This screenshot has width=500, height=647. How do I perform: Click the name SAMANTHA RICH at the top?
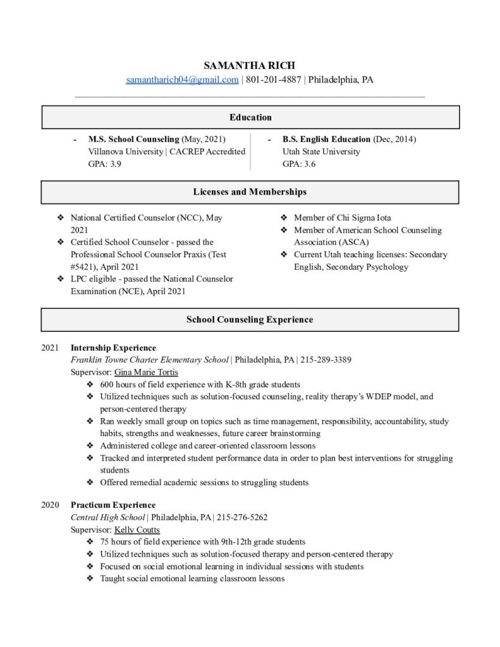click(x=250, y=66)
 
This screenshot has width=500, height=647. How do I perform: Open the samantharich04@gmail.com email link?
click(x=182, y=80)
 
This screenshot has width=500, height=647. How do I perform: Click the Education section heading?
click(x=250, y=118)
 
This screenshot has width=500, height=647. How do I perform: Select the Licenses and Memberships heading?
click(x=250, y=191)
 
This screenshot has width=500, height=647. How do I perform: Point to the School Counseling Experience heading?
click(x=250, y=320)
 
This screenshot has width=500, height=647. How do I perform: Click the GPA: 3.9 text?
click(x=104, y=164)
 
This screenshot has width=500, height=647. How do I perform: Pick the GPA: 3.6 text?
click(x=299, y=164)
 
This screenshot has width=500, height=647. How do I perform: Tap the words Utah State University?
click(x=321, y=152)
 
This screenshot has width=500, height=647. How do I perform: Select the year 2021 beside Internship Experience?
click(x=50, y=348)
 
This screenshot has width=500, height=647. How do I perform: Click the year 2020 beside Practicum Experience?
click(x=50, y=505)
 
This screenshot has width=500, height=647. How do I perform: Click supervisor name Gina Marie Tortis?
click(x=146, y=372)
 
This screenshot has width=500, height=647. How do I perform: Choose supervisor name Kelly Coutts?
click(x=137, y=529)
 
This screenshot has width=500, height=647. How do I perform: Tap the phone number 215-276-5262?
click(x=242, y=517)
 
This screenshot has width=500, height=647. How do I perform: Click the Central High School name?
click(x=108, y=517)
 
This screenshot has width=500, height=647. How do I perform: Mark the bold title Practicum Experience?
click(x=113, y=505)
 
